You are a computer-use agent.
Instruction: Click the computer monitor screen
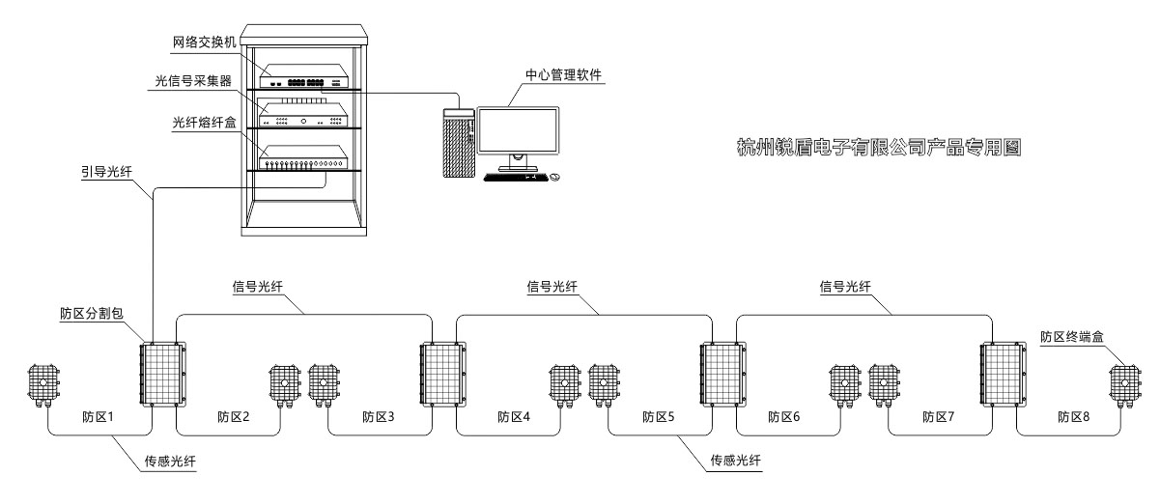[x=517, y=129]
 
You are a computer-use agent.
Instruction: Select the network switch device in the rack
[x=302, y=80]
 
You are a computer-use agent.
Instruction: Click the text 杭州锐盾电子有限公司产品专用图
[x=878, y=148]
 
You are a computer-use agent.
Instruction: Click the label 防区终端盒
[x=1072, y=337]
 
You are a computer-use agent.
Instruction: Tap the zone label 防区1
[x=99, y=417]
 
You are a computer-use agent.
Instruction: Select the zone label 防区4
[x=515, y=417]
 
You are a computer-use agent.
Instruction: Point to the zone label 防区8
[x=1075, y=417]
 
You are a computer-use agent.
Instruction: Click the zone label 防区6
[x=785, y=417]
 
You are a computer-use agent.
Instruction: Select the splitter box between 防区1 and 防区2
[x=160, y=374]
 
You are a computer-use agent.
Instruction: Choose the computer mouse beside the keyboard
[x=553, y=178]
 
